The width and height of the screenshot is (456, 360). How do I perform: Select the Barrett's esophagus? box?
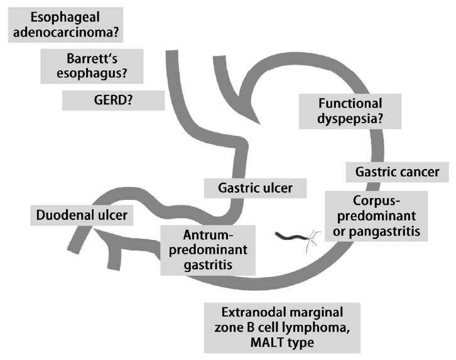click(92, 66)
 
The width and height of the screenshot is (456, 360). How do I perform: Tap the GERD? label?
click(114, 99)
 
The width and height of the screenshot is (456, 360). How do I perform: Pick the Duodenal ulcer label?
click(81, 215)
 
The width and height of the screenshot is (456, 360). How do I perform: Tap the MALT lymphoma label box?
click(281, 327)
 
